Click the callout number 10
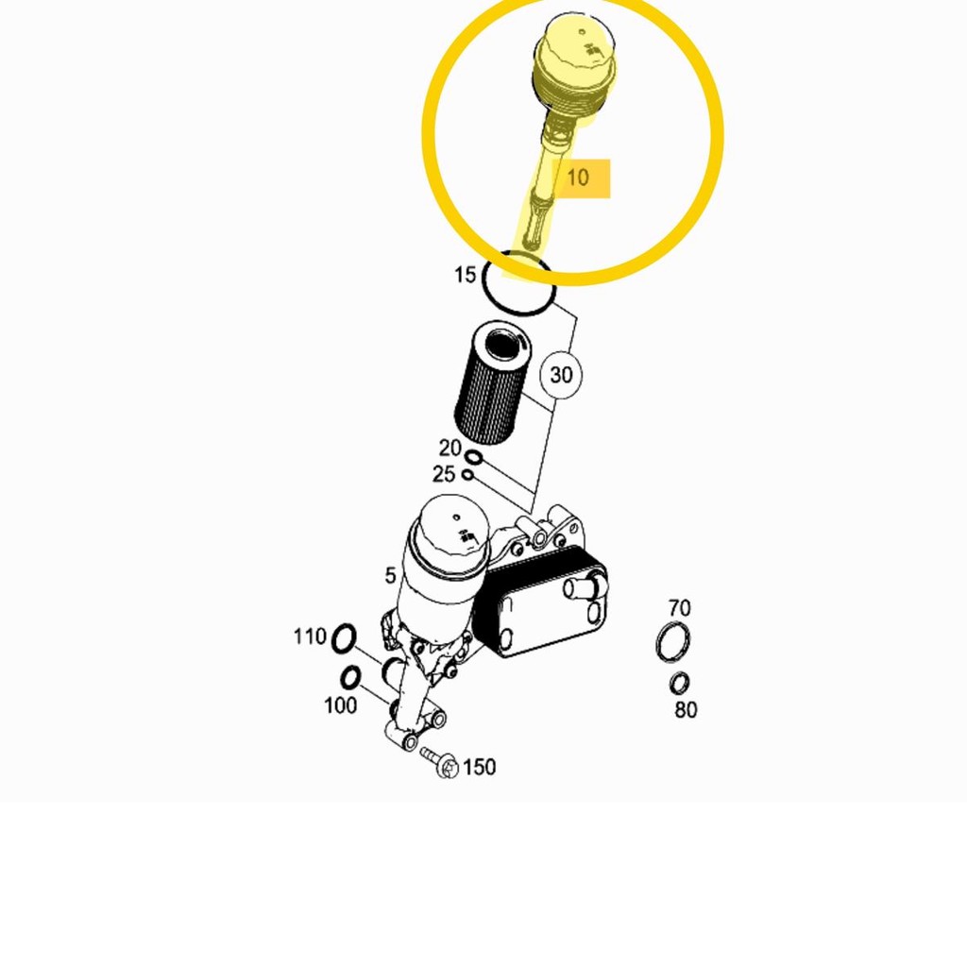[577, 177]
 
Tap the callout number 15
[465, 275]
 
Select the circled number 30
[561, 375]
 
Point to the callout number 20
[450, 449]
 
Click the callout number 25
[444, 474]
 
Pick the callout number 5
[390, 576]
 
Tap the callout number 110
[310, 637]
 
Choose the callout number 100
[340, 704]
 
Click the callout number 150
[479, 767]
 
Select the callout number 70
[679, 608]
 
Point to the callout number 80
[686, 710]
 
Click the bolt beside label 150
[440, 761]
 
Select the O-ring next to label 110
[344, 639]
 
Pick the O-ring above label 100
[350, 677]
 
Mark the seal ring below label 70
[672, 643]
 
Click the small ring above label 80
[679, 683]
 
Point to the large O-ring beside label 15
[517, 284]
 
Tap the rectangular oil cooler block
[540, 604]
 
